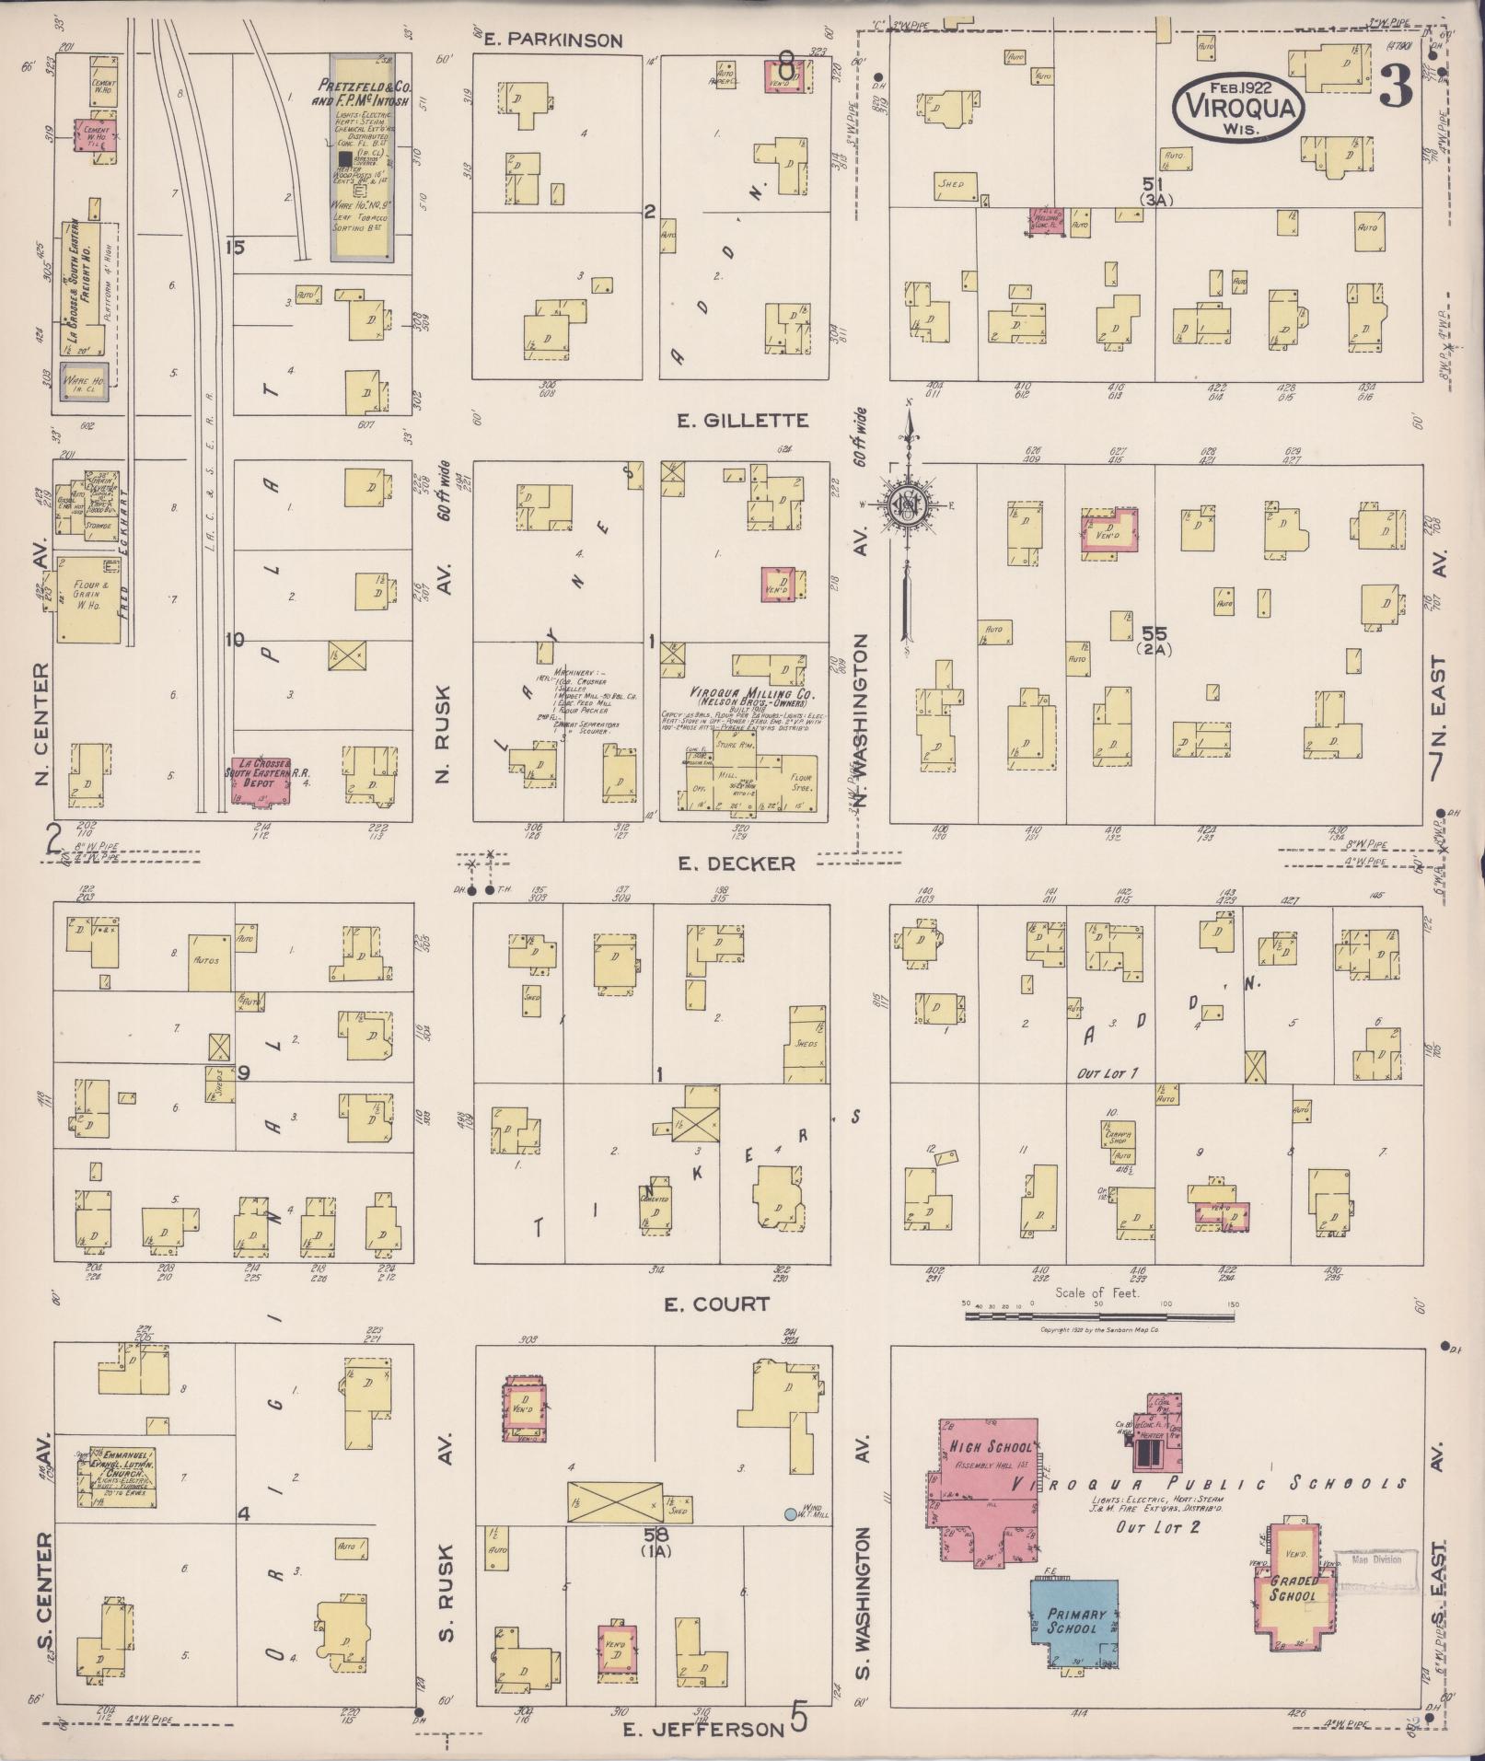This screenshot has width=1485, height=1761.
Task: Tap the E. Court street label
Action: coord(716,1304)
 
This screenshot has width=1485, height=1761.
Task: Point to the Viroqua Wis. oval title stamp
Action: coord(1238,107)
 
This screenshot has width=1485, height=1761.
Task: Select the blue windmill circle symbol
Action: coord(790,1513)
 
